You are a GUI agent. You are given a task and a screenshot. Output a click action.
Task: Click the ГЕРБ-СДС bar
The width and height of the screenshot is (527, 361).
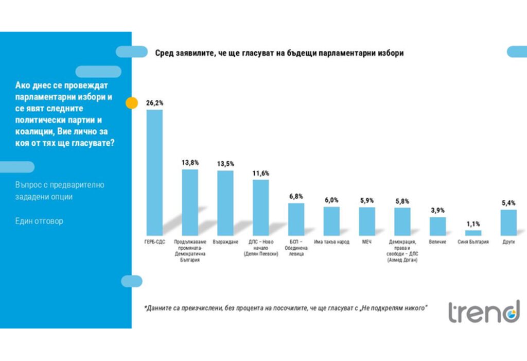[x=154, y=172]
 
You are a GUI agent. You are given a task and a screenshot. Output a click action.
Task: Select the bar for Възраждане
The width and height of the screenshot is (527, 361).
[x=225, y=202]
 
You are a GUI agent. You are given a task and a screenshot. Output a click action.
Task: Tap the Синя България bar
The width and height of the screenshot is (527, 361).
[x=472, y=233]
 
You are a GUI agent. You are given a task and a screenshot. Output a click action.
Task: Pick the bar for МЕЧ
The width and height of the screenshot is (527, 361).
[x=366, y=221]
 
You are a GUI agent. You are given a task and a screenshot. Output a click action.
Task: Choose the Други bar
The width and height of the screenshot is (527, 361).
[x=508, y=222]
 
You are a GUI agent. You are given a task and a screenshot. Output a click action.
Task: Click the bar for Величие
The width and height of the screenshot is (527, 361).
[x=437, y=226]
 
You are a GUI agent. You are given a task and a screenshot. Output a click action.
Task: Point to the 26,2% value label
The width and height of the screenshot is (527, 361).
[x=155, y=103]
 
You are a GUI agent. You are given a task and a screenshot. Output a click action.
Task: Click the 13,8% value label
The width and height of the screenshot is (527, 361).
[x=190, y=162]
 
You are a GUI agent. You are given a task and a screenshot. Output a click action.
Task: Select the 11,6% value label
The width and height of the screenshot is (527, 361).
[x=260, y=173]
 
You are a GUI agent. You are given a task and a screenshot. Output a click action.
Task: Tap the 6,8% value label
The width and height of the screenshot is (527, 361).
[x=296, y=196]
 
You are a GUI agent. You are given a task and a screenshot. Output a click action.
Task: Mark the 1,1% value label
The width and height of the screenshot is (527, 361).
[x=472, y=224]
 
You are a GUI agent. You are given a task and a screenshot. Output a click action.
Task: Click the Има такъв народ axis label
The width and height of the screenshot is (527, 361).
[x=331, y=242]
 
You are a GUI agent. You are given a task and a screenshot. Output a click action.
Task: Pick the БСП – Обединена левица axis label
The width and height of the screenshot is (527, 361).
[x=296, y=248]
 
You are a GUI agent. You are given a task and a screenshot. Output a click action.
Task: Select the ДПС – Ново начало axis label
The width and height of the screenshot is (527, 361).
[x=260, y=248]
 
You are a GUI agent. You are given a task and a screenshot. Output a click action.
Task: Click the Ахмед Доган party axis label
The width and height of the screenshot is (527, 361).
[x=402, y=251]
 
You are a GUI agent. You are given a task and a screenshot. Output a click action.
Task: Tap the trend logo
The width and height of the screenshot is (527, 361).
[x=483, y=312]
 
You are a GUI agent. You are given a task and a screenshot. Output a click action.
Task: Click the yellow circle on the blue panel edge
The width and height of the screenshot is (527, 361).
[x=132, y=102]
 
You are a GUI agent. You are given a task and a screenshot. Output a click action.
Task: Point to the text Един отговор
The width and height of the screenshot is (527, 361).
[x=39, y=221]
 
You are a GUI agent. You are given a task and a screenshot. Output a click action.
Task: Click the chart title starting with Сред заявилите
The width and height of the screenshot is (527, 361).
[x=279, y=53]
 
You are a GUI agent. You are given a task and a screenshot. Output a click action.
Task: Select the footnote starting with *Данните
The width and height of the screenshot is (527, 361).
[x=286, y=308]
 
